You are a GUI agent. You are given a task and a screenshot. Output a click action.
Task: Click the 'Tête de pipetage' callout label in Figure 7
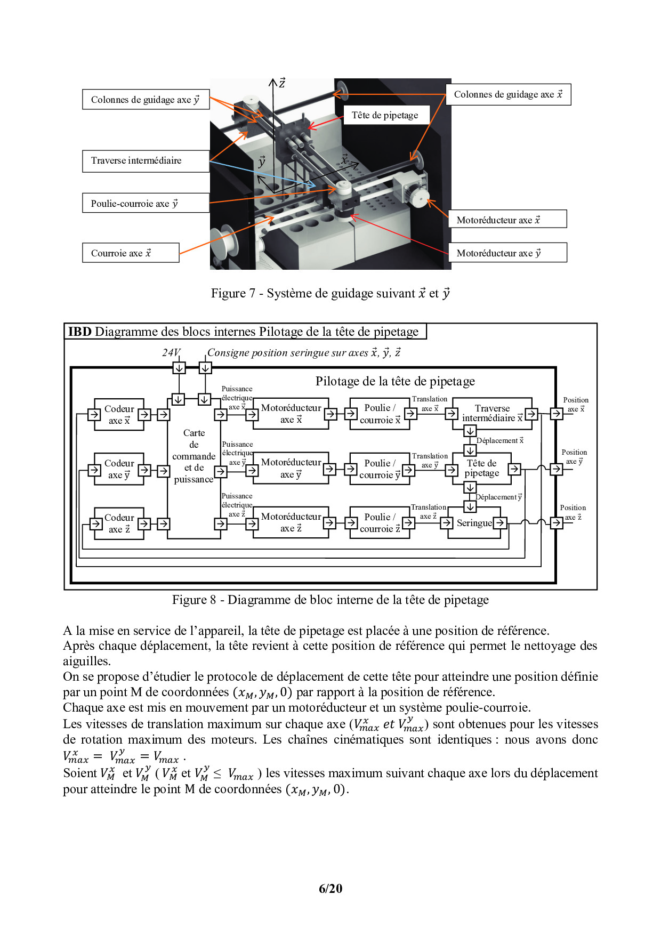(x=385, y=115)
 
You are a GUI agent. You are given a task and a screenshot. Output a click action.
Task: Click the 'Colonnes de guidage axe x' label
(x=508, y=94)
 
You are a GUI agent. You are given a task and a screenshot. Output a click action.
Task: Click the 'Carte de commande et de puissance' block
(x=194, y=456)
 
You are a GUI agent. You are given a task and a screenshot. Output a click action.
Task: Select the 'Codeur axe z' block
(x=119, y=523)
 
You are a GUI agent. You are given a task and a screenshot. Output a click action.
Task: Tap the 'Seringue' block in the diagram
(x=474, y=523)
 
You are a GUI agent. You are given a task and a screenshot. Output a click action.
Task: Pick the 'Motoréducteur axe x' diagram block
(x=291, y=413)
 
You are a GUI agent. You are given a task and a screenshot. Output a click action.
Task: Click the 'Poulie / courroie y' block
(x=380, y=469)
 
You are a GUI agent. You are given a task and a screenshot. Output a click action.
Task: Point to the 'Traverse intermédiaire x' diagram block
(x=491, y=413)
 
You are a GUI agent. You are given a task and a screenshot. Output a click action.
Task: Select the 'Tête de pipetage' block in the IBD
(x=481, y=468)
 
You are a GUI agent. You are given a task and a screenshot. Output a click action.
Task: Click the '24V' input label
(x=171, y=352)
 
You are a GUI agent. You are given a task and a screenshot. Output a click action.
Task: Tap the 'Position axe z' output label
(x=573, y=512)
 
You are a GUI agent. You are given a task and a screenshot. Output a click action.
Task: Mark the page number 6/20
(x=330, y=888)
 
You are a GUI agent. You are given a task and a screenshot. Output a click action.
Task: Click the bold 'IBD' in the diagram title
(x=80, y=332)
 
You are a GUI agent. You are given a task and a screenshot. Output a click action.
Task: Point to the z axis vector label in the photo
(x=282, y=83)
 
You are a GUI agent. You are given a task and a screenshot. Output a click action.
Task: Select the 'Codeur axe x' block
(x=119, y=414)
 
